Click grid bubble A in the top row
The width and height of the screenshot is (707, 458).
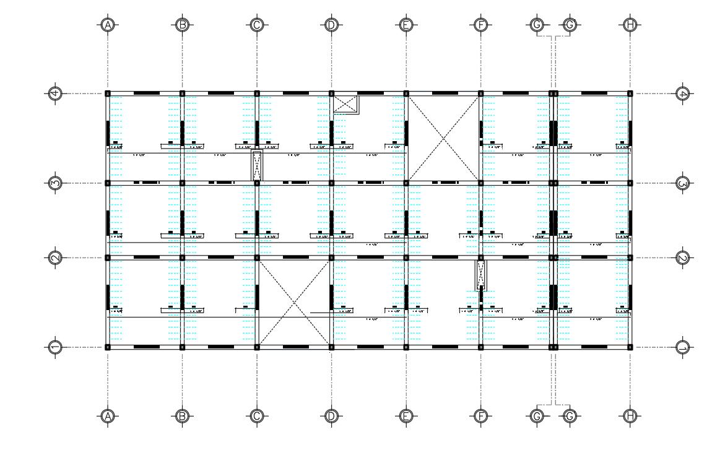(108, 25)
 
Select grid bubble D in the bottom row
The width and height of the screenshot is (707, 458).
(331, 416)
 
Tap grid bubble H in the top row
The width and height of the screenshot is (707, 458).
(630, 25)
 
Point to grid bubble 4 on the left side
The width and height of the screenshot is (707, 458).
(56, 93)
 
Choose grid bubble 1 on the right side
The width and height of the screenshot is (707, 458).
(683, 347)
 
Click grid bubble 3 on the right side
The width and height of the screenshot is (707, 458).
(683, 183)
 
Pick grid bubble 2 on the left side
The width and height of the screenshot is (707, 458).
(56, 257)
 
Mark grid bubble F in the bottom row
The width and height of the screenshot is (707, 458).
(480, 416)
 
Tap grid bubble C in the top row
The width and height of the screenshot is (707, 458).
(257, 25)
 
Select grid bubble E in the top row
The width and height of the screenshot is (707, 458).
(406, 25)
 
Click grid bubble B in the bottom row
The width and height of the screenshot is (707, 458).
(182, 416)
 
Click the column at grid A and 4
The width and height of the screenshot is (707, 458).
(108, 93)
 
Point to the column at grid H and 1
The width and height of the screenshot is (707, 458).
(630, 347)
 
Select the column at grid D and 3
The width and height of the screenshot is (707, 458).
(331, 183)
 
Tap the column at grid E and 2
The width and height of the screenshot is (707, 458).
(406, 257)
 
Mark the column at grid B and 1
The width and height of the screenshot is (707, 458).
(182, 347)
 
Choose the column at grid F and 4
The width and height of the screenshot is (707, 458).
(480, 93)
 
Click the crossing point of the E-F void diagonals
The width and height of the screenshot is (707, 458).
(443, 138)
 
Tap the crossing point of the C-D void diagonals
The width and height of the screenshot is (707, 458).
(294, 302)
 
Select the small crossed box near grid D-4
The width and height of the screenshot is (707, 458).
(346, 104)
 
